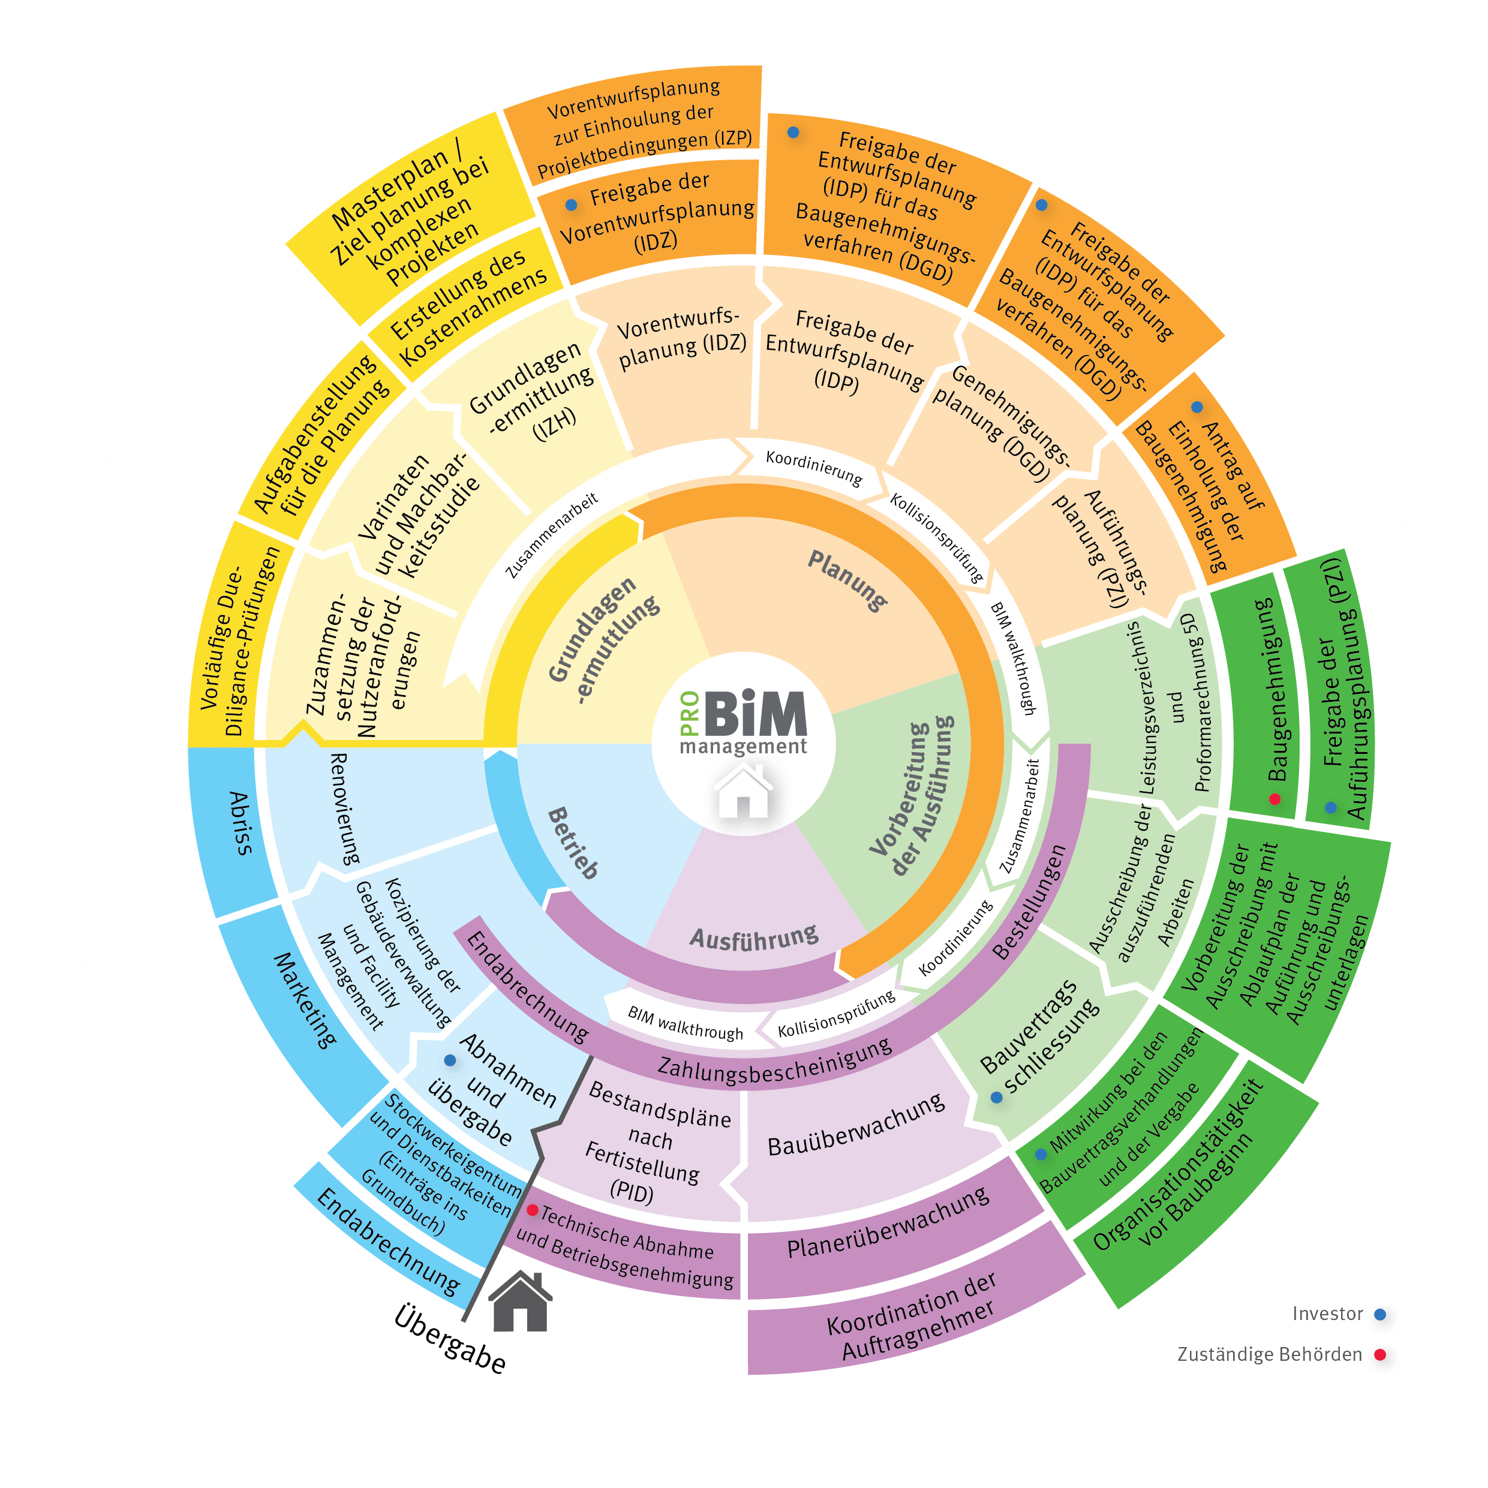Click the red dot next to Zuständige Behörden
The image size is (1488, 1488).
coord(1380,1355)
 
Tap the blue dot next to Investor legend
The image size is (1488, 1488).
coord(1380,1314)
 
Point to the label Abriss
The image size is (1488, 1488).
coord(239,823)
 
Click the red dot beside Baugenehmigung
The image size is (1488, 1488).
coord(1274,799)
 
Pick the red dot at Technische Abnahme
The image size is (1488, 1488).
coord(532,1210)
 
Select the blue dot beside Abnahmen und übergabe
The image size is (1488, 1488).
coord(450,1060)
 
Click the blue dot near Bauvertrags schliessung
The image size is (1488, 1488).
coord(997,1098)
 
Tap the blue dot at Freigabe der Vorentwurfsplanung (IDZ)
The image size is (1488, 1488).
coord(571,205)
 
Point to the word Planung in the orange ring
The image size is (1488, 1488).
coord(848,581)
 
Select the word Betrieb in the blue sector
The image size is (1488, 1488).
coord(572,843)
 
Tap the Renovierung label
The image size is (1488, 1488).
coord(345,808)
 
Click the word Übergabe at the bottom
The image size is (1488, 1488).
coord(450,1339)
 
